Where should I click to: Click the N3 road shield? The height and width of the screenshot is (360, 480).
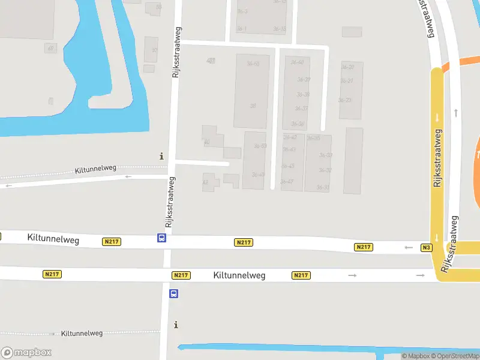pos(427,247)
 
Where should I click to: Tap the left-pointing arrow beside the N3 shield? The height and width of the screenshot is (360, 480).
pos(409,247)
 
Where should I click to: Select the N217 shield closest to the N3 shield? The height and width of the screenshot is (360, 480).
pos(364,247)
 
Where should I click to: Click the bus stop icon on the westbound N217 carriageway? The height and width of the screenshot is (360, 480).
pos(162,238)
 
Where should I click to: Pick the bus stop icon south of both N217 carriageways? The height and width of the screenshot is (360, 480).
pos(173,294)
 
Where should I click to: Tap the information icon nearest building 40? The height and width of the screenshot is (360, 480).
pos(161,156)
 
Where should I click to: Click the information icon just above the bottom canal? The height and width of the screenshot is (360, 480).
pos(176,325)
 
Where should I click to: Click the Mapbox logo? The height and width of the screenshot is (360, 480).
pos(26,353)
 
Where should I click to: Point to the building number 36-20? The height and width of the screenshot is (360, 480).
pos(347,67)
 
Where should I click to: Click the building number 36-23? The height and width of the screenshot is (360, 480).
pos(345,100)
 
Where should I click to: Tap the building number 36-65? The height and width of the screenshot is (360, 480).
pos(253,64)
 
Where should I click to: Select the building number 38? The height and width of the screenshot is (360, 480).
pos(253,106)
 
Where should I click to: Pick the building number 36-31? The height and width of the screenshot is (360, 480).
pos(323,188)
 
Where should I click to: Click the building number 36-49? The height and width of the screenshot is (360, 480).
pos(258,175)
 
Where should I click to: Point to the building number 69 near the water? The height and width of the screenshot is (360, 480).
pos(50,48)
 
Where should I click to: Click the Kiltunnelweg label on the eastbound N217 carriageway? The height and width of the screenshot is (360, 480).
pos(239,275)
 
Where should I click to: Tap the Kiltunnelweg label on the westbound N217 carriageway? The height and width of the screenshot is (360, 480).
pos(53,238)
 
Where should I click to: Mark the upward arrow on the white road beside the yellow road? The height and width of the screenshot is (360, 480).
pos(457,112)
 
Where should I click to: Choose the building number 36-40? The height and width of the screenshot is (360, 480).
pos(297,62)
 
